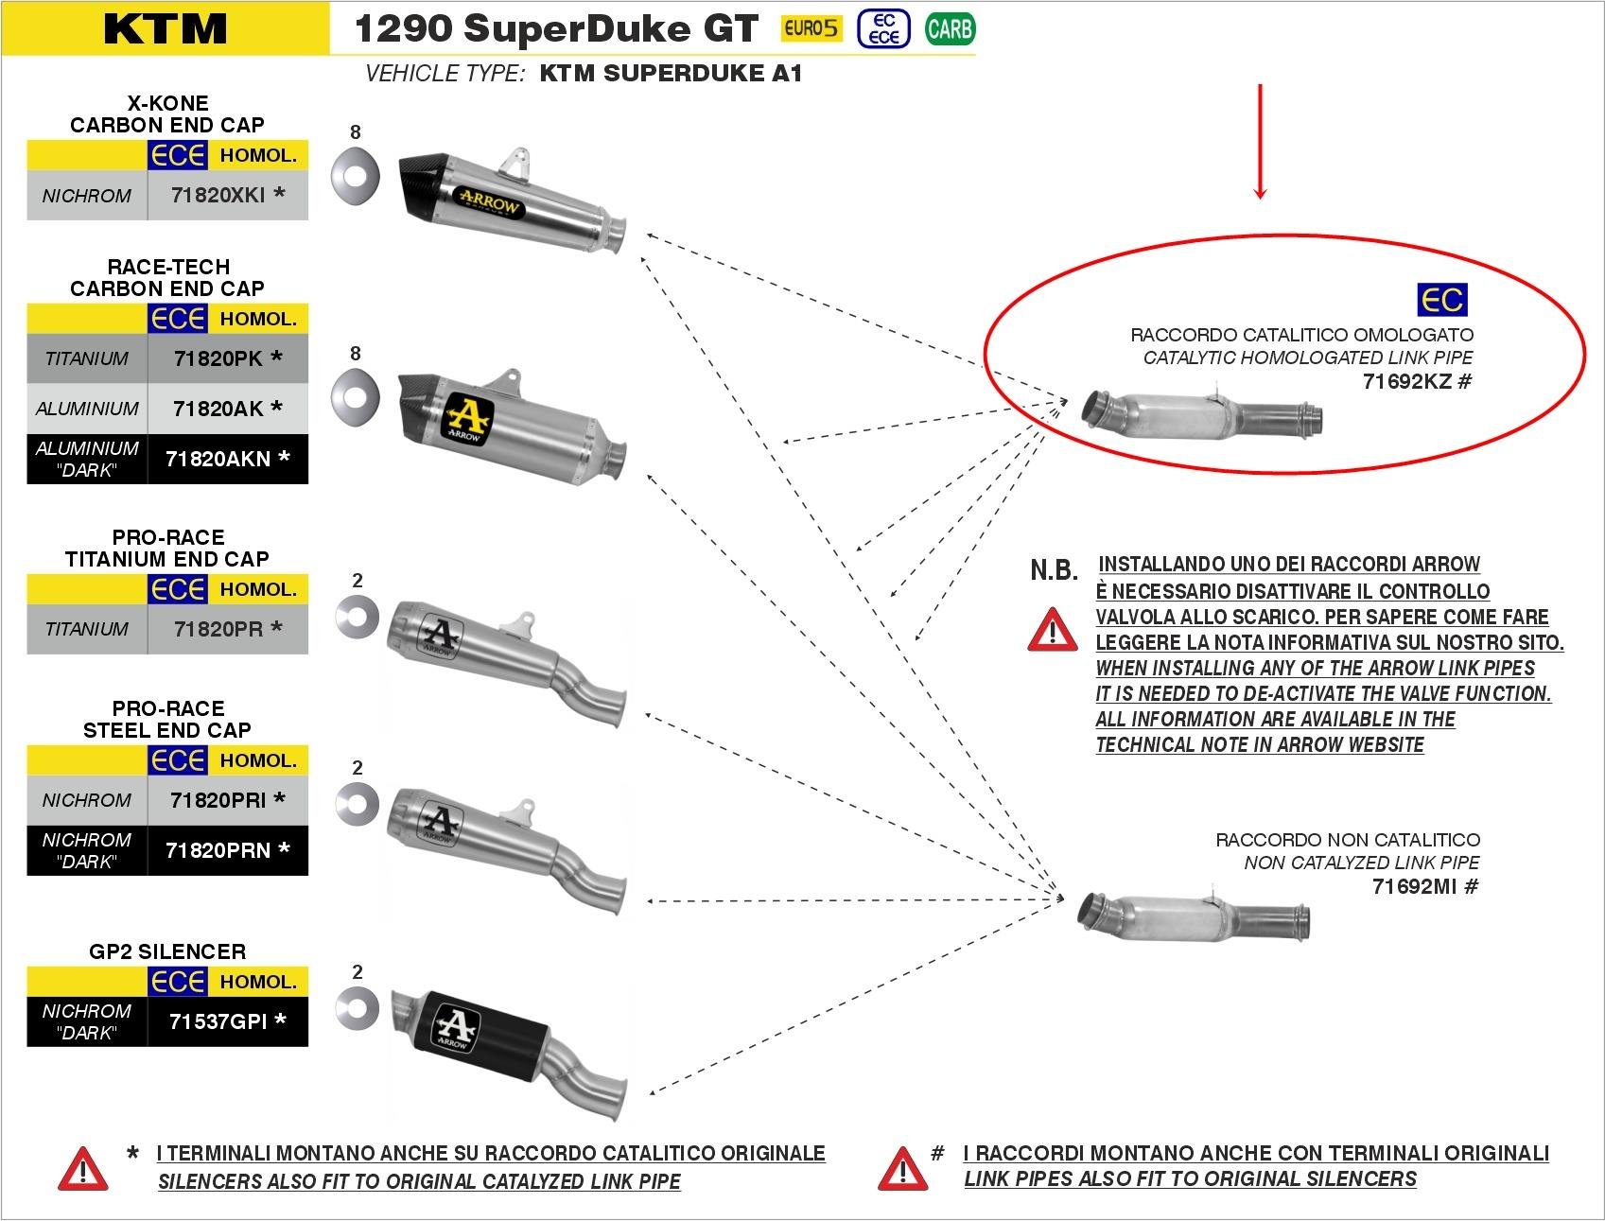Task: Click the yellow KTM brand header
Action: [x=166, y=28]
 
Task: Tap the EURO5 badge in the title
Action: [x=811, y=28]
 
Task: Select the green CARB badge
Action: [x=950, y=29]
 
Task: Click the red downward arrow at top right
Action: [x=1259, y=142]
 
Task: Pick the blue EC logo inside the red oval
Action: [x=1441, y=300]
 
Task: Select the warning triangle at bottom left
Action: [x=82, y=1169]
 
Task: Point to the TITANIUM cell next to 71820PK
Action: [x=87, y=358]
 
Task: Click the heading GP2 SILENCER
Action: [x=167, y=951]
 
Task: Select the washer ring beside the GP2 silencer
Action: [x=357, y=1010]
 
